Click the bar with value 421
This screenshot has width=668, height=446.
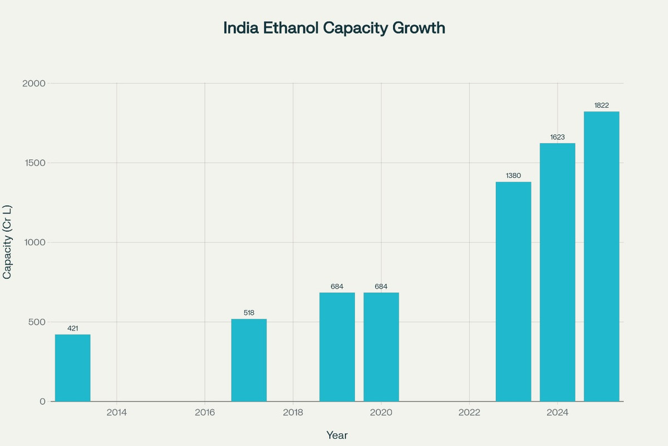tap(72, 368)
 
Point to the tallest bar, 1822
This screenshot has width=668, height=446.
tap(601, 256)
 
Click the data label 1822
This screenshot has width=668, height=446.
tap(601, 105)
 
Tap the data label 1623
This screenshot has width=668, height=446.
tap(557, 137)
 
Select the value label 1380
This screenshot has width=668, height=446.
tap(513, 176)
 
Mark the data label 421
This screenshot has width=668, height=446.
tap(72, 328)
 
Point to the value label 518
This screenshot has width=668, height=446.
tap(249, 313)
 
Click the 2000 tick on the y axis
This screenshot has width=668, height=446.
tap(34, 84)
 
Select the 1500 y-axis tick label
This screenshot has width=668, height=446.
tap(35, 163)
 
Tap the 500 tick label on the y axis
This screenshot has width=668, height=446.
tap(37, 322)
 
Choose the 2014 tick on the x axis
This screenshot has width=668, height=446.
tap(116, 413)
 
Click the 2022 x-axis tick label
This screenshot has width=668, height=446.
tap(469, 413)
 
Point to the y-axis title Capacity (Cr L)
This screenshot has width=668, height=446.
tap(8, 243)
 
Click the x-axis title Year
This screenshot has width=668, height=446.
tap(337, 435)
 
